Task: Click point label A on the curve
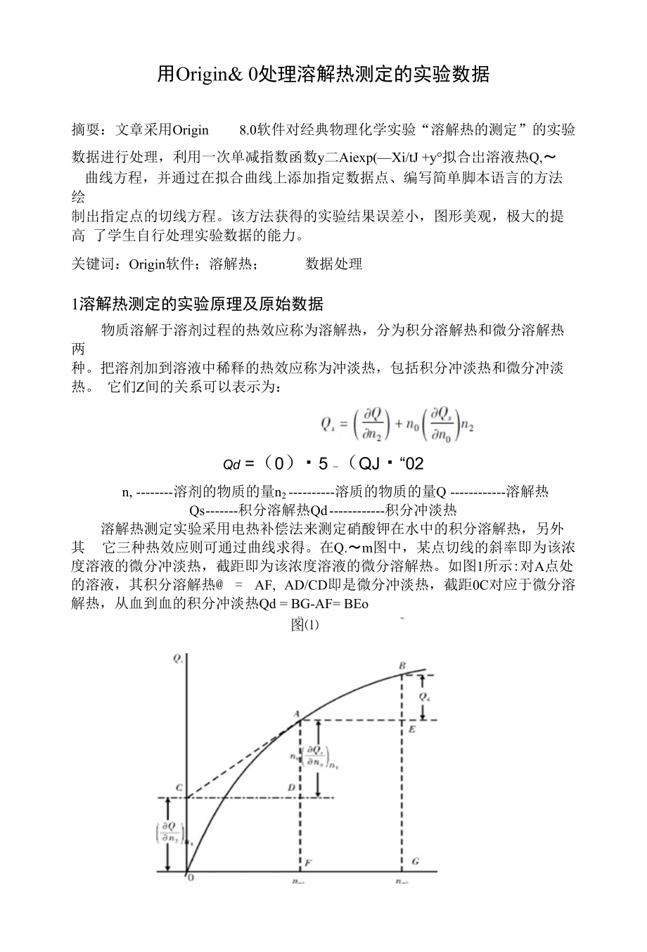click(x=297, y=714)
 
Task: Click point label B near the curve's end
click(x=402, y=665)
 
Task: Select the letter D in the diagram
click(x=291, y=787)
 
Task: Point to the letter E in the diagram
click(x=412, y=730)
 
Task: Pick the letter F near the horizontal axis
click(x=308, y=862)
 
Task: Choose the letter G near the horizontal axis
click(x=416, y=861)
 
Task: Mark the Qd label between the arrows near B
click(x=424, y=696)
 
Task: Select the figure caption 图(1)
click(x=305, y=624)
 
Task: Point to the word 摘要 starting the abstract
click(x=88, y=130)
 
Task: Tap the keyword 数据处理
click(x=334, y=264)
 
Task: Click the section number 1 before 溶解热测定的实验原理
click(x=76, y=304)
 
